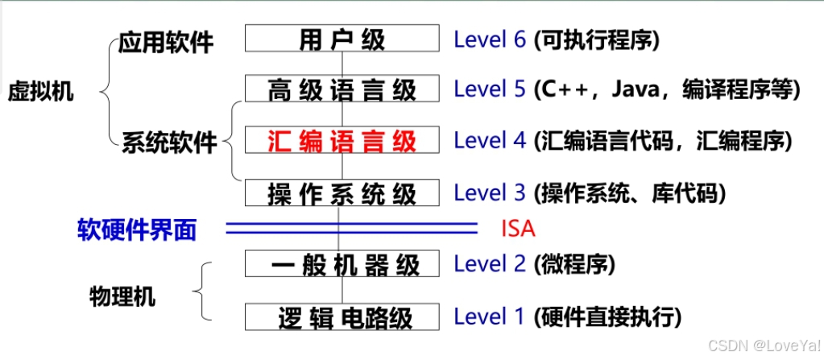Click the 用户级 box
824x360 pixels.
point(342,39)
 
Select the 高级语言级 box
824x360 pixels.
point(342,89)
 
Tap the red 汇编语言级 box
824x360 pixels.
point(342,141)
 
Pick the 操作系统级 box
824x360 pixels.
point(342,192)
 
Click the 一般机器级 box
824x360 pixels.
point(342,263)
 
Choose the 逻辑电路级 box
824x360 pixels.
point(342,317)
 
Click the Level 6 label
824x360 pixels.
point(490,39)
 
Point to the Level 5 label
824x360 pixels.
point(490,89)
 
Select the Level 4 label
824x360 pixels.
point(490,141)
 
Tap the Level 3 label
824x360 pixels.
point(490,192)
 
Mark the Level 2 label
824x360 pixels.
point(490,263)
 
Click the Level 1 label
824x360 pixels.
point(490,317)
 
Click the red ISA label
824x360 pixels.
point(518,229)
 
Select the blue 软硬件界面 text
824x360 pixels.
point(137,230)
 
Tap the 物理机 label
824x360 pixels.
point(122,296)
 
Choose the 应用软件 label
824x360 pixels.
point(166,42)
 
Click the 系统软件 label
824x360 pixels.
point(170,143)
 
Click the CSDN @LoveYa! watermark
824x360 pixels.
point(760,345)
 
